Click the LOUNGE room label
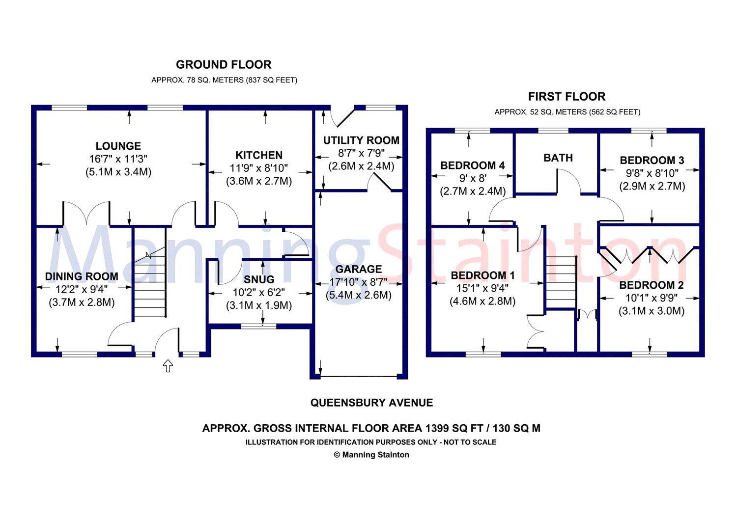[118, 146]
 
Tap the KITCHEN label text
[259, 155]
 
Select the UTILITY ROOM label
[361, 140]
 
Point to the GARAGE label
[359, 270]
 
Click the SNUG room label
[259, 279]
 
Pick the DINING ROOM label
[82, 276]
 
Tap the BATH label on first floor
[558, 158]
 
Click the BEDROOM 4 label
[473, 165]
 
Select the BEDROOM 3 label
[652, 161]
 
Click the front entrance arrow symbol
[168, 366]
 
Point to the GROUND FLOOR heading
[224, 65]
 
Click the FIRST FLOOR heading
[567, 97]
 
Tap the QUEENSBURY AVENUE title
[372, 403]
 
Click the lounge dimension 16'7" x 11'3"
[118, 159]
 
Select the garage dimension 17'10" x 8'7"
[359, 282]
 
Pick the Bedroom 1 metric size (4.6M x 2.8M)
[482, 301]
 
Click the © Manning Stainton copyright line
[371, 455]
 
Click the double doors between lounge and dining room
[86, 214]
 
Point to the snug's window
[259, 326]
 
